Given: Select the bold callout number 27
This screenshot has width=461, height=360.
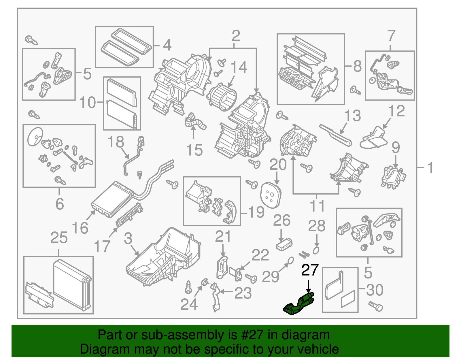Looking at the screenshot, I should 310,270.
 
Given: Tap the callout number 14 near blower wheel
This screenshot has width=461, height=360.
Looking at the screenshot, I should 239,67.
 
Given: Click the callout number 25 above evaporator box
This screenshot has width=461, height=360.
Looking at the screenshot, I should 59,238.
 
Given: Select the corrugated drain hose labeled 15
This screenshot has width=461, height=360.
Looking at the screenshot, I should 195,122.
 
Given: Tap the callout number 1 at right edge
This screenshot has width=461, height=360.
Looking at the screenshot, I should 430,167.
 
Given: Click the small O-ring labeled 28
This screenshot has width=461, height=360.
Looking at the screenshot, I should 316,250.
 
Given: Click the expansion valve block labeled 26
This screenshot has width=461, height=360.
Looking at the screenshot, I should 284,244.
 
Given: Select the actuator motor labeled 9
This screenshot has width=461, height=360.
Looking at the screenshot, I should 393,177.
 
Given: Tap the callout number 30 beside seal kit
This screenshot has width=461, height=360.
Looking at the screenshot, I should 375,290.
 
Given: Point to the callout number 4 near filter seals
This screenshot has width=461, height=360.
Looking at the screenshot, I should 167,45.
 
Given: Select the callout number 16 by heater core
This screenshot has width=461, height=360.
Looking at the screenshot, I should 80,228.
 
